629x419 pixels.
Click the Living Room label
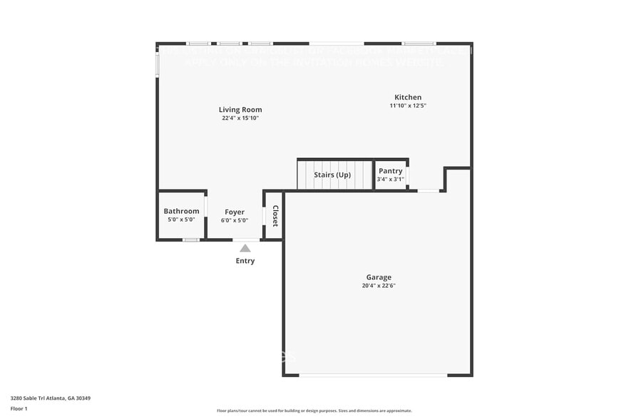240,110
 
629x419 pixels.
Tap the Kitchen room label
408,98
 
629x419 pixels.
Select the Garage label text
379,277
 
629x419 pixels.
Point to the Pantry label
390,171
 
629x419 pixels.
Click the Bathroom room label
181,211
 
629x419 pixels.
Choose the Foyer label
235,212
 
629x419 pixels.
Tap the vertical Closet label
275,216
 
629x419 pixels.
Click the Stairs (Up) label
332,175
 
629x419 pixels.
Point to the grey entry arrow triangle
245,248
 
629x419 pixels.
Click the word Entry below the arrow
245,261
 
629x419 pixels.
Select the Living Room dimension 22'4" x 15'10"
240,118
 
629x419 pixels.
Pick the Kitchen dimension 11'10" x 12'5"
408,105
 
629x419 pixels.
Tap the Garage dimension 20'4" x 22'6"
379,286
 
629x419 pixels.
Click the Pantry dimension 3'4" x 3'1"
390,179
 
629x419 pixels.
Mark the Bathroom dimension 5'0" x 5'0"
181,219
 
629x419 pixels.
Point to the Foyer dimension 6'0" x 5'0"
235,220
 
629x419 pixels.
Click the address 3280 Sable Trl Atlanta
50,398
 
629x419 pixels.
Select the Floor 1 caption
19,408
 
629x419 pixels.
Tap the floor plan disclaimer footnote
314,410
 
